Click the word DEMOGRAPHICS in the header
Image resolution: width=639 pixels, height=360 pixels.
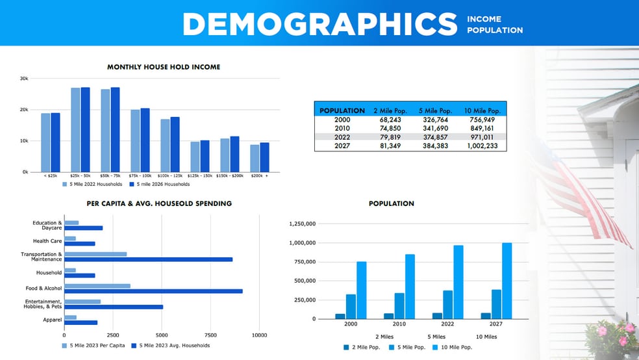(x=319, y=24)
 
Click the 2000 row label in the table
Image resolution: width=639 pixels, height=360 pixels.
(x=342, y=120)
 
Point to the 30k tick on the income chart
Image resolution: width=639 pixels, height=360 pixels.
(x=24, y=79)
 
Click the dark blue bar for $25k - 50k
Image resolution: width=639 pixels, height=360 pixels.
(x=85, y=129)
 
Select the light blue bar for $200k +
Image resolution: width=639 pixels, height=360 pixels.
(x=255, y=158)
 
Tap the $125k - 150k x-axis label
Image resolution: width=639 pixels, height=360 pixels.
(x=199, y=176)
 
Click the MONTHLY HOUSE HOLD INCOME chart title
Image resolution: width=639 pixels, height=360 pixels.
(x=163, y=66)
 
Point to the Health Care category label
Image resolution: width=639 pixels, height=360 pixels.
(x=47, y=241)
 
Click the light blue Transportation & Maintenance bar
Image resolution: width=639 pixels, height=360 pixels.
(x=95, y=254)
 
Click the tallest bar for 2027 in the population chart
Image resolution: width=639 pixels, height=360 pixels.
(x=507, y=281)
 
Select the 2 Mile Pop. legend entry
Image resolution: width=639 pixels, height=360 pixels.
(x=364, y=348)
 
